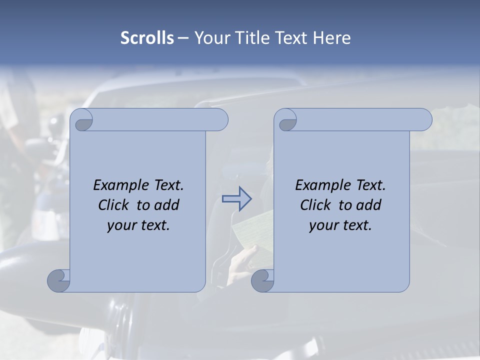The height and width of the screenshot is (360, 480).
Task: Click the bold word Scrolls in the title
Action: pyautogui.click(x=147, y=38)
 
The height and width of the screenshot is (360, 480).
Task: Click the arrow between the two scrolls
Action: pyautogui.click(x=236, y=198)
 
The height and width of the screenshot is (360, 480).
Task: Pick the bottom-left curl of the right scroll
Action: pyautogui.click(x=263, y=281)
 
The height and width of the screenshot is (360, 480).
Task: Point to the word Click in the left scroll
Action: pyautogui.click(x=114, y=205)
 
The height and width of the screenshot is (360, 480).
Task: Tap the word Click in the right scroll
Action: pyautogui.click(x=315, y=205)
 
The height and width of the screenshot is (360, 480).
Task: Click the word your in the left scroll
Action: pyautogui.click(x=120, y=225)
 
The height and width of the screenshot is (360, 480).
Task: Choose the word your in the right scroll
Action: pyautogui.click(x=322, y=225)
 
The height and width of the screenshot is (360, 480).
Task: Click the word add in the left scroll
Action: pyautogui.click(x=167, y=205)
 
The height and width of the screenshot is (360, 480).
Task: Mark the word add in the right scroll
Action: pyautogui.click(x=369, y=205)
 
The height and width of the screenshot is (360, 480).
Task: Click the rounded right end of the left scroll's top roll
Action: pyautogui.click(x=220, y=120)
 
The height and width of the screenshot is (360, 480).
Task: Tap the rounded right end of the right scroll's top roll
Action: pyautogui.click(x=424, y=120)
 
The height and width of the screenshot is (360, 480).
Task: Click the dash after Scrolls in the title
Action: pyautogui.click(x=183, y=38)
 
